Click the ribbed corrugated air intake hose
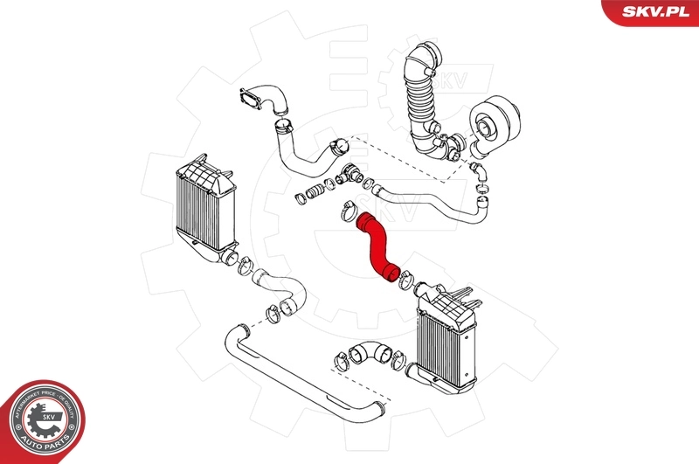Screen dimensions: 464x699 (420, 96)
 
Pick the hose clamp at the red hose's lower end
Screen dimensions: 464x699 (405, 281)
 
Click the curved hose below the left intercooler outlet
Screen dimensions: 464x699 (280, 293)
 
